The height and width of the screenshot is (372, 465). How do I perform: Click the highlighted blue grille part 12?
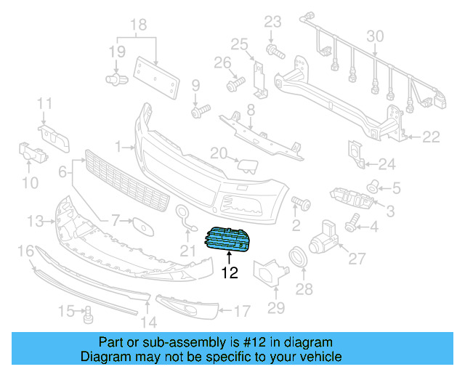coord(230,239)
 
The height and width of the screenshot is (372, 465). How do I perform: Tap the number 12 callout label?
coord(230,273)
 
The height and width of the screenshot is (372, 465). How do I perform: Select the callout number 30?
coord(375,36)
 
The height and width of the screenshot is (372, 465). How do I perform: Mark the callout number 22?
coord(432,136)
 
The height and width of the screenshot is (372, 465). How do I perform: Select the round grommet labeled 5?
coord(373,187)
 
